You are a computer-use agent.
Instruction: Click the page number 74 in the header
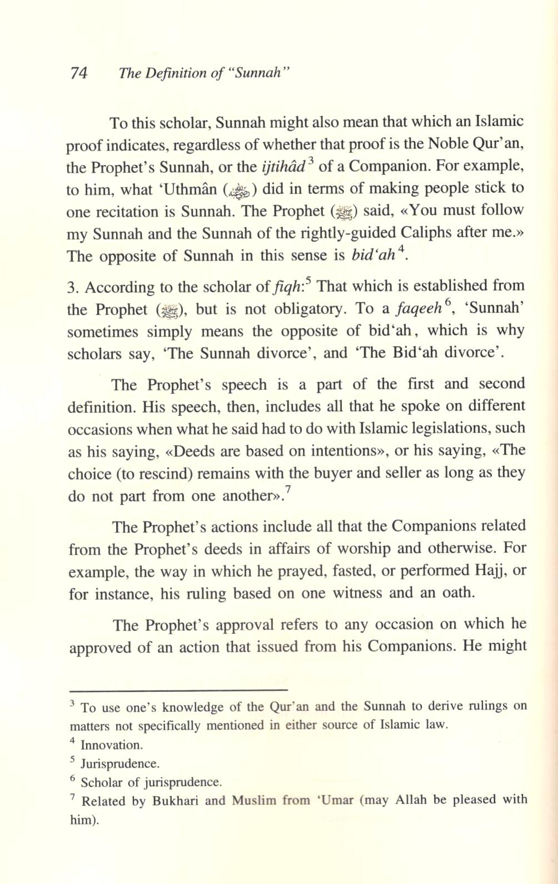tap(79, 73)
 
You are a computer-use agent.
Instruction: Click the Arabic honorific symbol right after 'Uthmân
tap(239, 190)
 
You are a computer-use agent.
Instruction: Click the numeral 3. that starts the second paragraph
tap(73, 287)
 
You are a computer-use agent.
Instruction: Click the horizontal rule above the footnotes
tap(175, 689)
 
